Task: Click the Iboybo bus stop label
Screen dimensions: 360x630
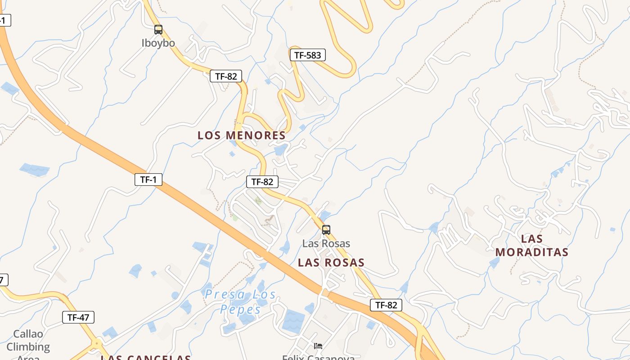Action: point(158,43)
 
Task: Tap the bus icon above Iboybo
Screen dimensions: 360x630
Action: point(158,30)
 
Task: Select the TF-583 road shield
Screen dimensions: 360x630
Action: point(307,55)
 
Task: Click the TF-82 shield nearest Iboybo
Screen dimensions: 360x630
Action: point(226,76)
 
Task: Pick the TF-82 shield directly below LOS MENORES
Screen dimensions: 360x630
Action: point(262,182)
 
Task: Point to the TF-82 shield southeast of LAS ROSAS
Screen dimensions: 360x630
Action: point(386,305)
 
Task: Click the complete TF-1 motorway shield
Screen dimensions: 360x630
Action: point(148,180)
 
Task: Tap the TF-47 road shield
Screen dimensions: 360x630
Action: point(78,317)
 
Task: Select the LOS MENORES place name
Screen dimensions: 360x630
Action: point(242,135)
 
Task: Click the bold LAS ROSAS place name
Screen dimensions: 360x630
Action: point(331,262)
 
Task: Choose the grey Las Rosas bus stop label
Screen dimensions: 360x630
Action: point(326,244)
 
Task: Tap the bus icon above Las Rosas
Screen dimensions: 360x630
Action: point(326,230)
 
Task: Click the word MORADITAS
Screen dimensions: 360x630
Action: point(532,252)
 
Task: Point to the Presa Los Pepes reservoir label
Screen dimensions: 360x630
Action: point(241,302)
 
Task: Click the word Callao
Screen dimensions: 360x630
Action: point(28,334)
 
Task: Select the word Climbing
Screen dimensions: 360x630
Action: point(28,347)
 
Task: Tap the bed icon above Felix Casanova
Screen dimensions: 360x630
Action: point(318,346)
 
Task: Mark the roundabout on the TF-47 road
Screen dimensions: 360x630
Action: point(97,343)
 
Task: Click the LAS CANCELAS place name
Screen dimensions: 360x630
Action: point(146,357)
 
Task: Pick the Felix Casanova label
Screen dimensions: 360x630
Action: point(318,357)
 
